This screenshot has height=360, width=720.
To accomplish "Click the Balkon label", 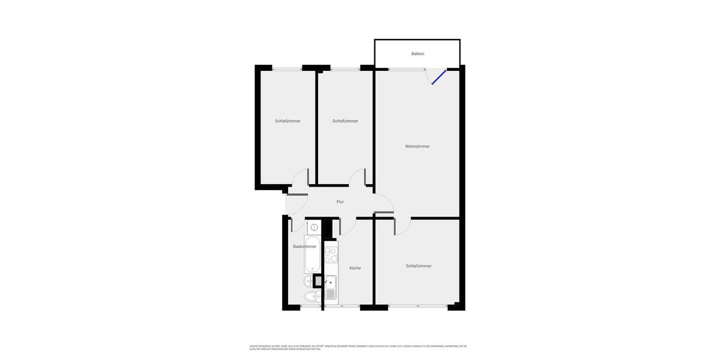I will click(418, 54).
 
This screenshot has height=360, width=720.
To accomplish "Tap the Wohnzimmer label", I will click(417, 146).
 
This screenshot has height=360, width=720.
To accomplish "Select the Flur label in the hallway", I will click(340, 202).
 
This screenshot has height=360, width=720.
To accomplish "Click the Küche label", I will click(355, 268).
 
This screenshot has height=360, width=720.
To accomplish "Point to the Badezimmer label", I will click(304, 247).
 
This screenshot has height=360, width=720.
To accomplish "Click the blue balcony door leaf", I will click(439, 77).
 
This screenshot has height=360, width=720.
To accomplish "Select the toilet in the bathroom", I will click(310, 296).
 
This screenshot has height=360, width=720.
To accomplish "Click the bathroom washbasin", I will click(308, 280).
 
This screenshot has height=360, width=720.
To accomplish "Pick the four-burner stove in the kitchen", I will click(331, 255).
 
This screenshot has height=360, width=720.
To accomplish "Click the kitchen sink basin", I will click(330, 282).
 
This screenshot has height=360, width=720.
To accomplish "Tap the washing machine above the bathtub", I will click(314, 228).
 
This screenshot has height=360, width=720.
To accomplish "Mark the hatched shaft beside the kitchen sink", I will click(318, 280).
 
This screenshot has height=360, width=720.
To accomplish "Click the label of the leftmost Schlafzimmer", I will click(288, 121).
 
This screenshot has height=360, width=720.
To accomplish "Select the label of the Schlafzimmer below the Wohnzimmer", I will click(419, 266).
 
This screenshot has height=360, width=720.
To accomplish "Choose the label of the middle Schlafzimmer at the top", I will click(345, 121).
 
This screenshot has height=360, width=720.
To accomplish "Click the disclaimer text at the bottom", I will click(358, 347).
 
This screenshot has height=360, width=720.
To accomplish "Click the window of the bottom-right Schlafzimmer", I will click(418, 307).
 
